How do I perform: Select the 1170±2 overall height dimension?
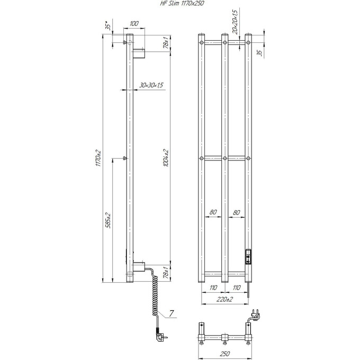[98, 158]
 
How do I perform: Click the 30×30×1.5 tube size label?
[151, 85]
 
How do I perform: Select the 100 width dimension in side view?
[133, 24]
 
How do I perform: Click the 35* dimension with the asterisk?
[107, 26]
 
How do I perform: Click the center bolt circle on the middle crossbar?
[225, 158]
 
